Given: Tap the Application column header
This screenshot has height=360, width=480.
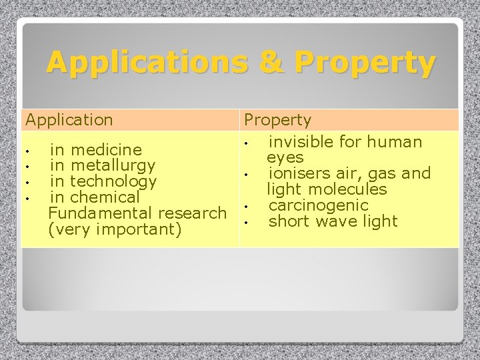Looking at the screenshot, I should [x=69, y=120].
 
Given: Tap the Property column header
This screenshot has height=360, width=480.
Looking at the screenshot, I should [x=277, y=120].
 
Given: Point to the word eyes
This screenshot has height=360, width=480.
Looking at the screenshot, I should [x=285, y=157].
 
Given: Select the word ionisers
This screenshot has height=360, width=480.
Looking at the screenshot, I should [x=298, y=173].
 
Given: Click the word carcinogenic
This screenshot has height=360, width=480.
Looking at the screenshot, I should [x=318, y=205].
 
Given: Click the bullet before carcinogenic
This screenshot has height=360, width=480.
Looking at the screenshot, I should [x=246, y=206].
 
